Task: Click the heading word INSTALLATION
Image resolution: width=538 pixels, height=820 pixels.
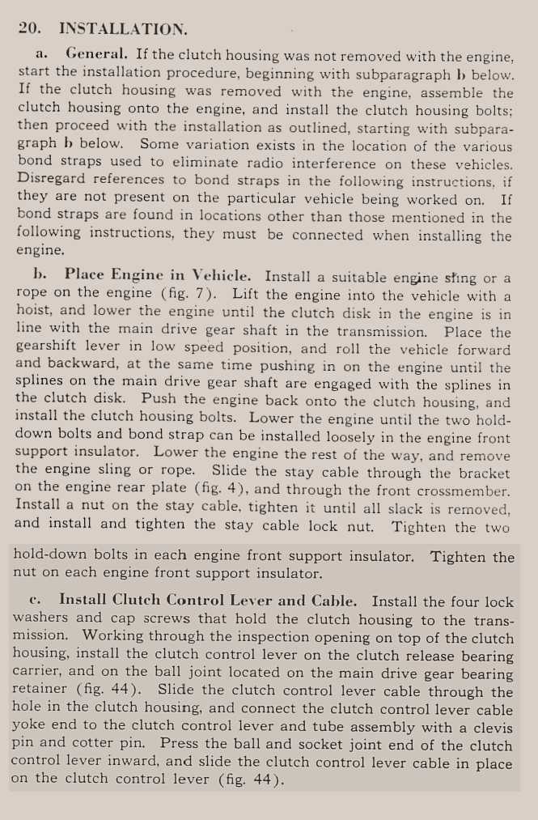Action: [x=123, y=29]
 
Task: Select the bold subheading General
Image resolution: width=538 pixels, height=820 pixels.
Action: [x=96, y=55]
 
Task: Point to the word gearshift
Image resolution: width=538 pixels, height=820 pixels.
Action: [x=44, y=350]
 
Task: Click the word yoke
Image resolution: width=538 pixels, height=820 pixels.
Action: [x=30, y=727]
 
